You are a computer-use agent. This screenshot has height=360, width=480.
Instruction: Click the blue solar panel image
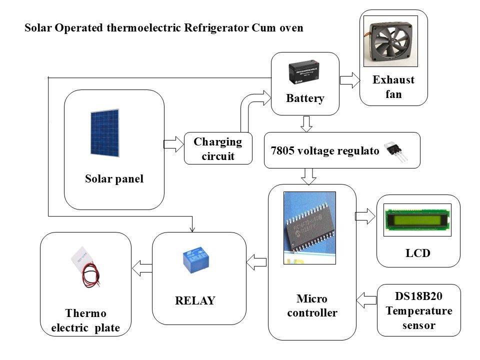pos(104,132)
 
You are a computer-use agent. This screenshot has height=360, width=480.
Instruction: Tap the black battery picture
pos(303,72)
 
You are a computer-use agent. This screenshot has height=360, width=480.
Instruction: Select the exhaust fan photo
pos(390,41)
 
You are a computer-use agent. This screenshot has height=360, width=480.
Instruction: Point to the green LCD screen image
pos(417,220)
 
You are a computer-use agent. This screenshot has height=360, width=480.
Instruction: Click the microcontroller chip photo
pos(310,228)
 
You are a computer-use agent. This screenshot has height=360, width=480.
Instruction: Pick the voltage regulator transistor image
pos(396,150)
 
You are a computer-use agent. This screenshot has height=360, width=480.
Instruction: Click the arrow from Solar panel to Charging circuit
pos(174,144)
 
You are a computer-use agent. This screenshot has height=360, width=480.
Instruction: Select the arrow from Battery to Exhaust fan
pos(350,80)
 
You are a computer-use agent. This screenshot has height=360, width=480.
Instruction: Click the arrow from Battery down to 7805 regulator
pos(306,123)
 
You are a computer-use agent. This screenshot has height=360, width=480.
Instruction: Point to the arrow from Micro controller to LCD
pos(365,216)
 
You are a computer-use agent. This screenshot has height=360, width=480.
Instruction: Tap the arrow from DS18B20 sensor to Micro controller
pos(366,300)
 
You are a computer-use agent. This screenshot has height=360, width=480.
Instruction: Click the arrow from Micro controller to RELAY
pos(256,262)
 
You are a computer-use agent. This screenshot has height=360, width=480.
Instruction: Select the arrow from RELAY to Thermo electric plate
pos(142,268)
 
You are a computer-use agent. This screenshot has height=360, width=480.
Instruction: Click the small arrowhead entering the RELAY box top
pos(192,229)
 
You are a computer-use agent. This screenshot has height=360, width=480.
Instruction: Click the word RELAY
pos(195,300)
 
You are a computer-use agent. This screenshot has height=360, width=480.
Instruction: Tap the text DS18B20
pos(418,296)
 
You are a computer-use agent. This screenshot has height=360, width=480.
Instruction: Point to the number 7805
pos(282,150)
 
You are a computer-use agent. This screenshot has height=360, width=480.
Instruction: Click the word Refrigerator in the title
pos(216,28)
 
